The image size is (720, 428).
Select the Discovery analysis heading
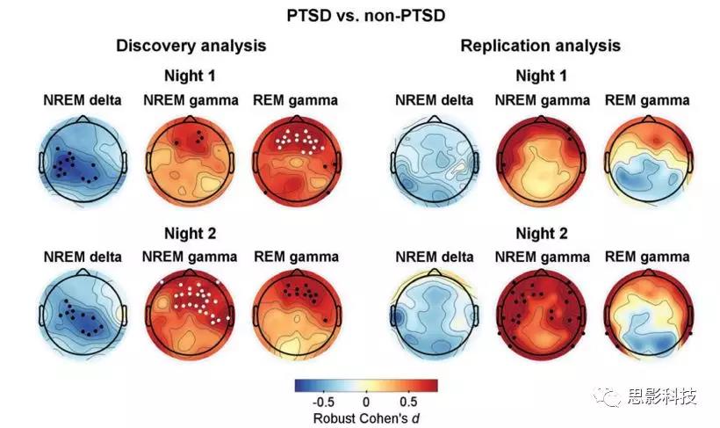pyautogui.click(x=191, y=45)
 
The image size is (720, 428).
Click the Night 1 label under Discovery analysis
pyautogui.click(x=191, y=76)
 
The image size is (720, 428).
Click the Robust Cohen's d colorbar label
pyautogui.click(x=365, y=417)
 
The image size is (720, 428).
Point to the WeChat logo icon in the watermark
pyautogui.click(x=610, y=398)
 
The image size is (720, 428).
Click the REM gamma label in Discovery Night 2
pyautogui.click(x=295, y=257)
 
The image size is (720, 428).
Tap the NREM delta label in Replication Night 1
pyautogui.click(x=433, y=100)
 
